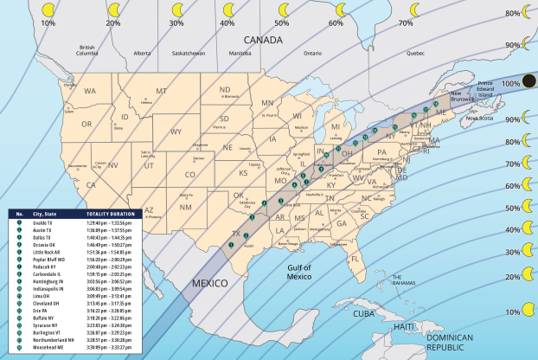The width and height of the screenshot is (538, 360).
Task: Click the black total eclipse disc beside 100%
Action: (529, 81)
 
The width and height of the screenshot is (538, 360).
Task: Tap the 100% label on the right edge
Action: (510, 83)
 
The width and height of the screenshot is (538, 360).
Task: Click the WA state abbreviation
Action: (90, 91)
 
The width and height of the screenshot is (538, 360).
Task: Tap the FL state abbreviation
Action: (355, 257)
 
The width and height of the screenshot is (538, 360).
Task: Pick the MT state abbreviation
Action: (161, 92)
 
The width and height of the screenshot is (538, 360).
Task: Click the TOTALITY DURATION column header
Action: (110, 213)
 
